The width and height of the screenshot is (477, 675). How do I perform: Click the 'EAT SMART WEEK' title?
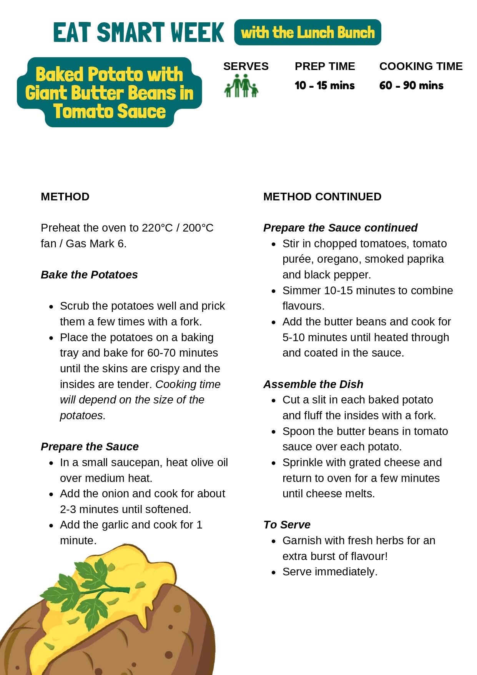[x=138, y=32]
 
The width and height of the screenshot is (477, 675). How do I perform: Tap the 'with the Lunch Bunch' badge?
[x=307, y=32]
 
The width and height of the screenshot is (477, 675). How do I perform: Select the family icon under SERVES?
[x=241, y=85]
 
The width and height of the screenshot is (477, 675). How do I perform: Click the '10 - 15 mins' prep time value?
[x=325, y=85]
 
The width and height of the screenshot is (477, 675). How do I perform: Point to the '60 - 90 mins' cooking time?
[x=411, y=85]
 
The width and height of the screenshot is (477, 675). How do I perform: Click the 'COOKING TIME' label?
[x=421, y=66]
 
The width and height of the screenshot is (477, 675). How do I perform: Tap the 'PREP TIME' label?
[x=325, y=66]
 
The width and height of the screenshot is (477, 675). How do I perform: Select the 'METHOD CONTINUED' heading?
[x=322, y=197]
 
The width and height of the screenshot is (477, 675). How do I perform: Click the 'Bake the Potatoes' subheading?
[x=89, y=275]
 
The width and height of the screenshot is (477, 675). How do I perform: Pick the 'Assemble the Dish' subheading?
[x=313, y=384]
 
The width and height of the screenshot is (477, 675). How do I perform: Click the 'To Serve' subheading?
[x=287, y=525]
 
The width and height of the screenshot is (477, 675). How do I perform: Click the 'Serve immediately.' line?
[x=330, y=572]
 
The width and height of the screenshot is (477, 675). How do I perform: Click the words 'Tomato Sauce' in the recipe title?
[x=110, y=112]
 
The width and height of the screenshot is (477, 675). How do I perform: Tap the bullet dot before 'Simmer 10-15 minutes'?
[x=274, y=291]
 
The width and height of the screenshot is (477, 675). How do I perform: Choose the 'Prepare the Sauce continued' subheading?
[x=340, y=228]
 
